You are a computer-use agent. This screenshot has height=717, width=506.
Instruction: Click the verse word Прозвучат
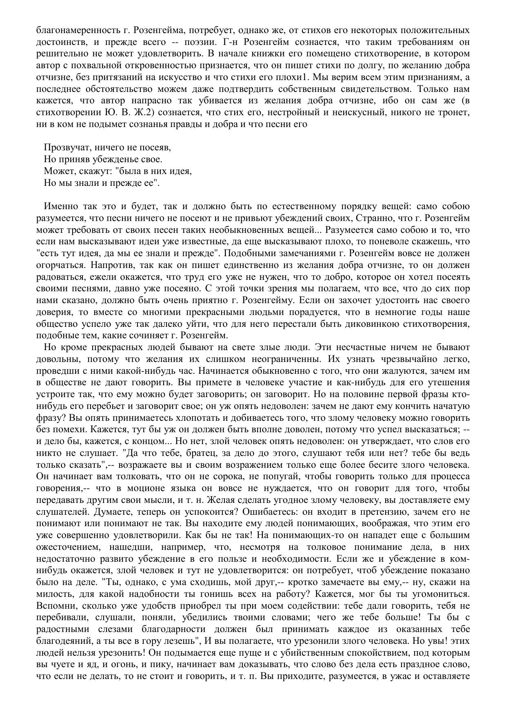pos(67,147)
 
